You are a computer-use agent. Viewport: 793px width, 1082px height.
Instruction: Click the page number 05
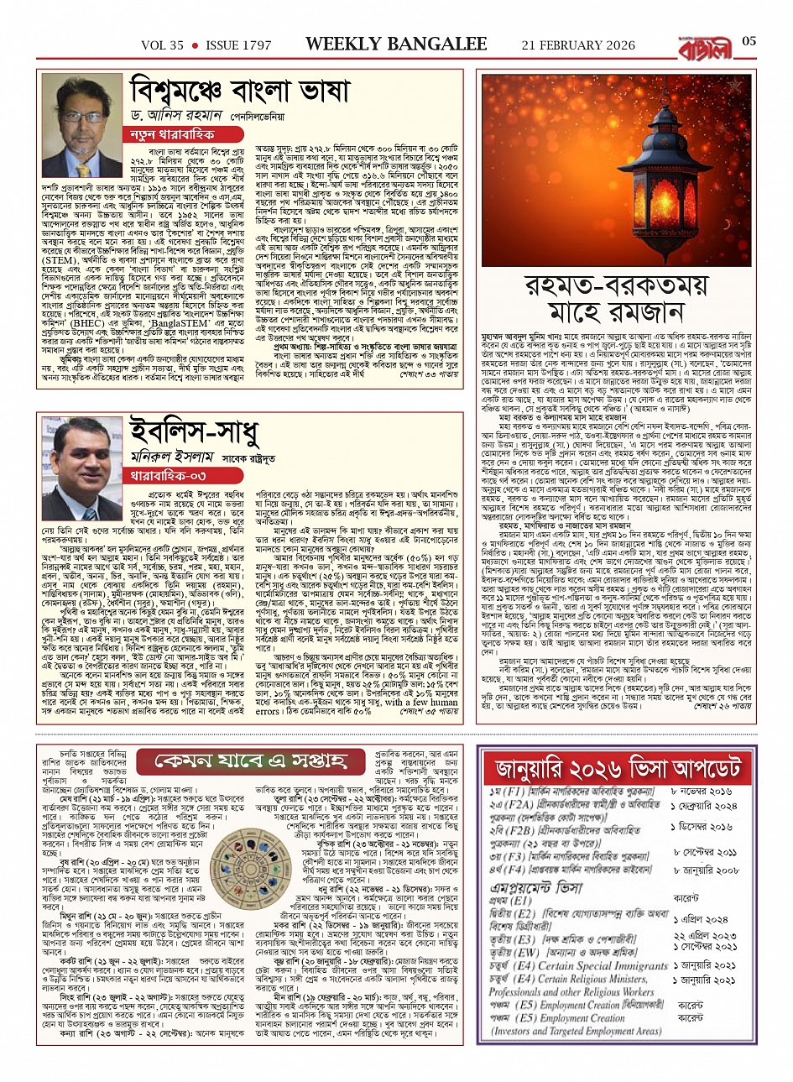[749, 42]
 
